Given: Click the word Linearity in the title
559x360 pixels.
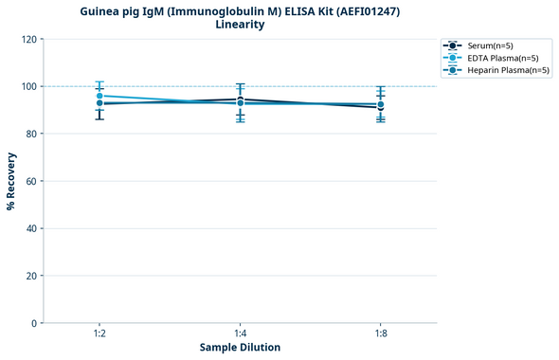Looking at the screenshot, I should pos(240,25).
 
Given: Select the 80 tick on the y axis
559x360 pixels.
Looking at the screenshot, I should pos(30,134).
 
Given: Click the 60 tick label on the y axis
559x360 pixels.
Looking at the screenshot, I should pos(30,181).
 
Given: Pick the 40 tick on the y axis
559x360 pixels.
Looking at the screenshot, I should pos(30,228).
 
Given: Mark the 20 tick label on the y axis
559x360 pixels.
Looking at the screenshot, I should pos(30,276).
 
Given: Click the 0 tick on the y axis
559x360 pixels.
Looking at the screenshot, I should pos(33,323).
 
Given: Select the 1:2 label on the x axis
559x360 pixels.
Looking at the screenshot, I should pos(99,333).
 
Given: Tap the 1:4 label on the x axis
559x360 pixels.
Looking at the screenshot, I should pos(240,333).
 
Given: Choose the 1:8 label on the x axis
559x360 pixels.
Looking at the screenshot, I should pos(380,333).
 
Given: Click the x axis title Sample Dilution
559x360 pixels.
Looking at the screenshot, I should pos(240,348).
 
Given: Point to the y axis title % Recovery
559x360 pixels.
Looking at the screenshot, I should pos(11,181).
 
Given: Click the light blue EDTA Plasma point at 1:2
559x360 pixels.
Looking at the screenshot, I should pos(99,96).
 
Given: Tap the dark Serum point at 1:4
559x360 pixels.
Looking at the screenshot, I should pos(240,99).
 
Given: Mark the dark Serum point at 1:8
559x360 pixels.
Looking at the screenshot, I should pos(380,107).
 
